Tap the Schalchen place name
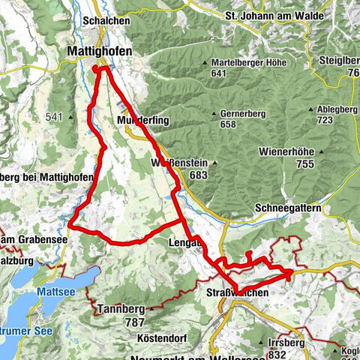click(104, 22)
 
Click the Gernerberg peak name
click(244, 113)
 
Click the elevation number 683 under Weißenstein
click(198, 175)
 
